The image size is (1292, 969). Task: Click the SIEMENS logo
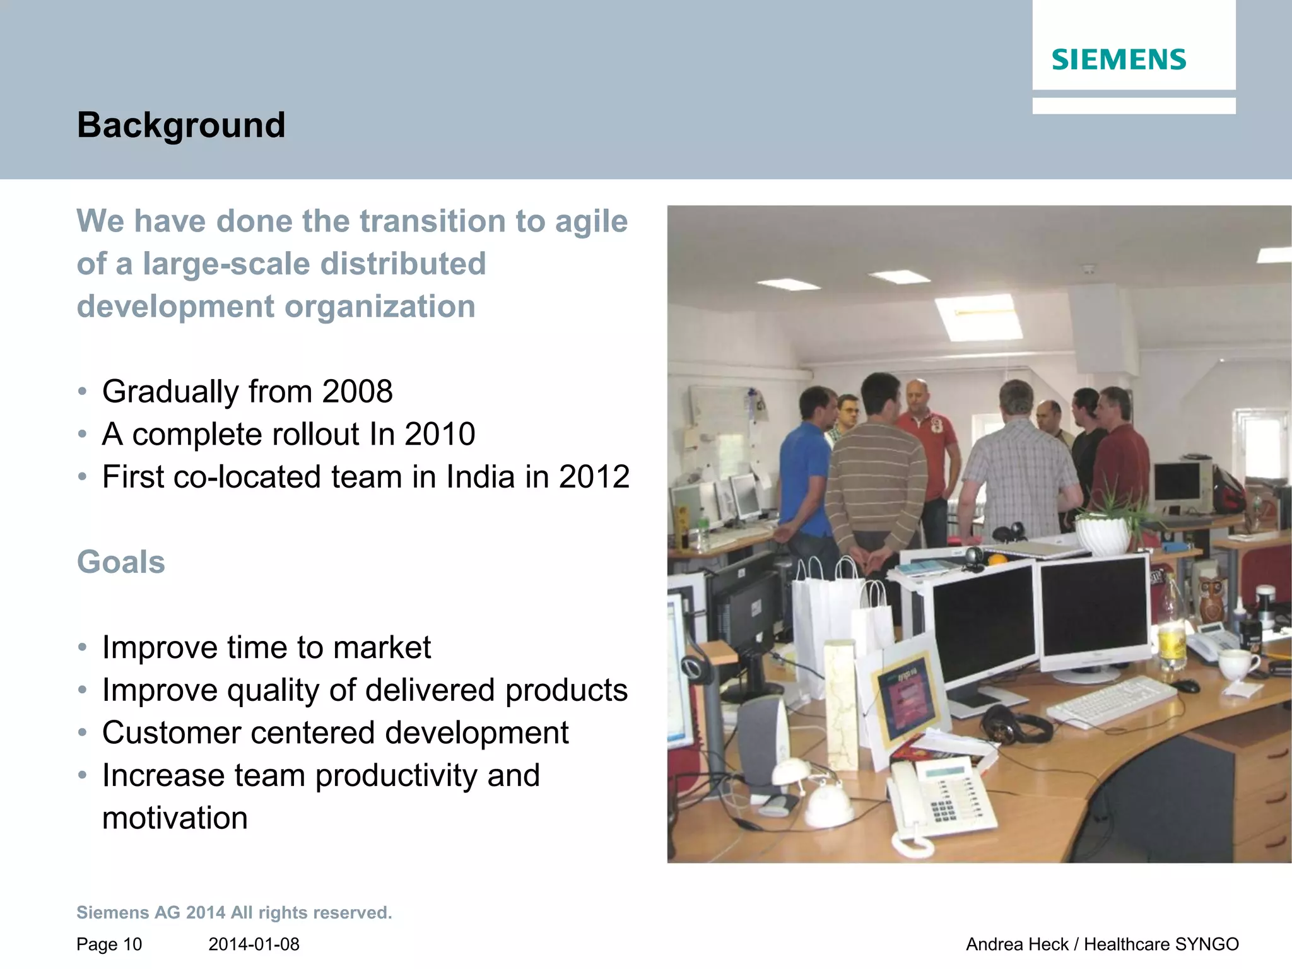pyautogui.click(x=1119, y=60)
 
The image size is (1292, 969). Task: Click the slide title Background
pyautogui.click(x=181, y=125)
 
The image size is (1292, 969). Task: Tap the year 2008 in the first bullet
pyautogui.click(x=357, y=392)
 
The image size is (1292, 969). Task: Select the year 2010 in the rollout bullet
pyautogui.click(x=440, y=434)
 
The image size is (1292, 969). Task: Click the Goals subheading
pyautogui.click(x=120, y=562)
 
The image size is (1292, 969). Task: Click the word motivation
pyautogui.click(x=175, y=818)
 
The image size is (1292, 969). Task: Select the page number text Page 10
pyautogui.click(x=109, y=944)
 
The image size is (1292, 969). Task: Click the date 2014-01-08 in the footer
pyautogui.click(x=254, y=944)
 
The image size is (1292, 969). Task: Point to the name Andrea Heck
pyautogui.click(x=1017, y=944)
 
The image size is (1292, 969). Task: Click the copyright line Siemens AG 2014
pyautogui.click(x=234, y=913)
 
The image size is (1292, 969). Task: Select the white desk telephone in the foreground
pyautogui.click(x=940, y=801)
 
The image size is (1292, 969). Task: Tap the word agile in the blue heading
pyautogui.click(x=591, y=222)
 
